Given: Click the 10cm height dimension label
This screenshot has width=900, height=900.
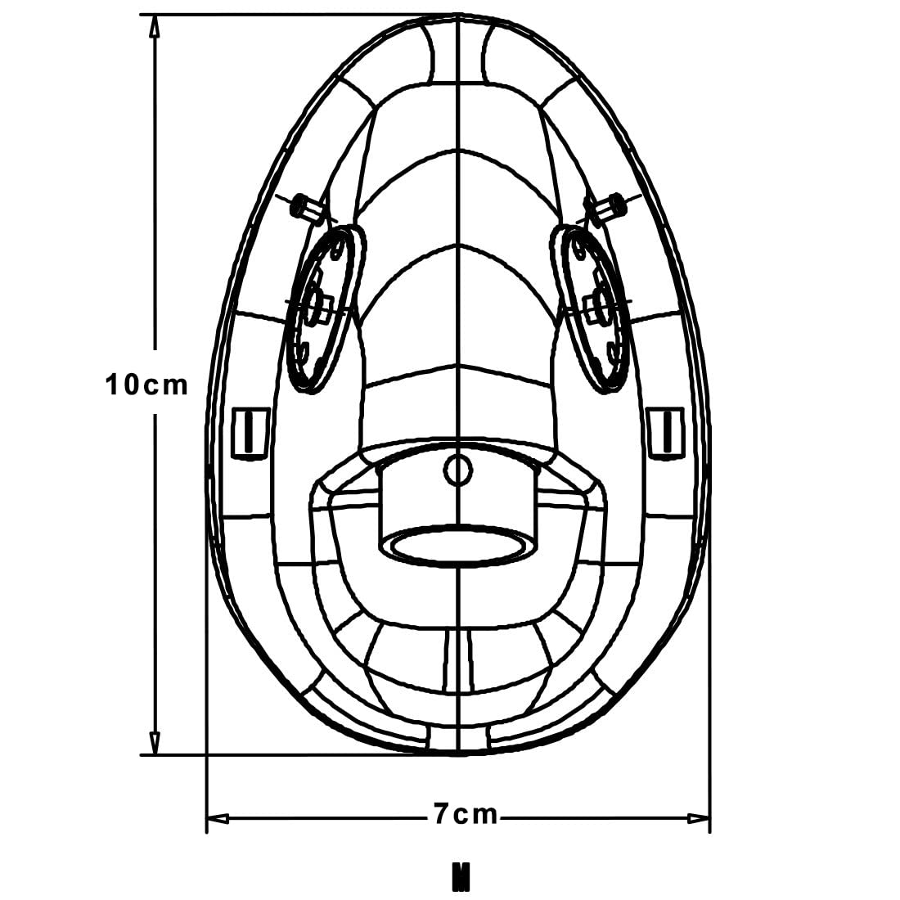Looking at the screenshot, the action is pos(146,385).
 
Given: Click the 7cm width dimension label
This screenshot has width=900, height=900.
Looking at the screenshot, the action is pos(465,814).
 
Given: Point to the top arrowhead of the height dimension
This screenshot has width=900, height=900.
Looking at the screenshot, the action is pos(154,26).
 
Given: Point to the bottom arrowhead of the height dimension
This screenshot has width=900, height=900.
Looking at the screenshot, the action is pos(154,743).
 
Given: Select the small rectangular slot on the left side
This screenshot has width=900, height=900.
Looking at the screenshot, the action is pos(250,433).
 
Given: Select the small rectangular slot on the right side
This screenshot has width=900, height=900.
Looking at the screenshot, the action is pos(665,433).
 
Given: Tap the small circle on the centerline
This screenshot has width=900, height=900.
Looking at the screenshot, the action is pos(458,470).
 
